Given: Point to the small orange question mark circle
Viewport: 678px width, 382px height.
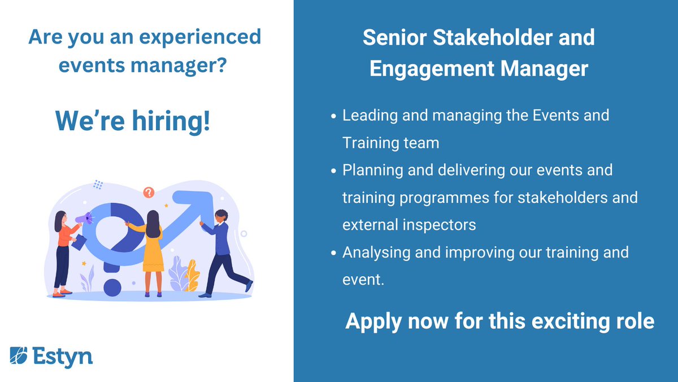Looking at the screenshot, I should [149, 193].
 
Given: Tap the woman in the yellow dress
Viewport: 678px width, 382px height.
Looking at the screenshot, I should [153, 249].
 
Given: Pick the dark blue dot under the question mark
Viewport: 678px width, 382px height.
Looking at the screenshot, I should [113, 287].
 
